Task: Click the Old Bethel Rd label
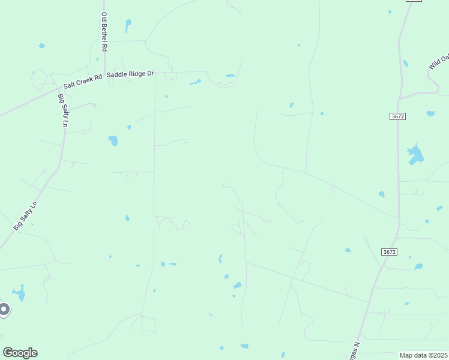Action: pos(104,32)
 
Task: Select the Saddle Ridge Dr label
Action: pos(130,74)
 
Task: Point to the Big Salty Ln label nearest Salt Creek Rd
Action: pos(63,110)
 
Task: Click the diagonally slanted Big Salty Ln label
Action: pos(25,216)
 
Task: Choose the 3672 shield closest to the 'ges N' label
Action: pos(389,252)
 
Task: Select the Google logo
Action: pos(20,353)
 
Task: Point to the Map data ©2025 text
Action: pos(423,355)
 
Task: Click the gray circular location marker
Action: pos(4,310)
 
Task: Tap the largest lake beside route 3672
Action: pos(415,154)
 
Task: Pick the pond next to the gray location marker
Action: pos(20,293)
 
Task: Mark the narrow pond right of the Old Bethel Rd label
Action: pos(128,26)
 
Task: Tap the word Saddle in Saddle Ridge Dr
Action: pos(118,74)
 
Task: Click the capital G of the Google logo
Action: pos(8,353)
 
